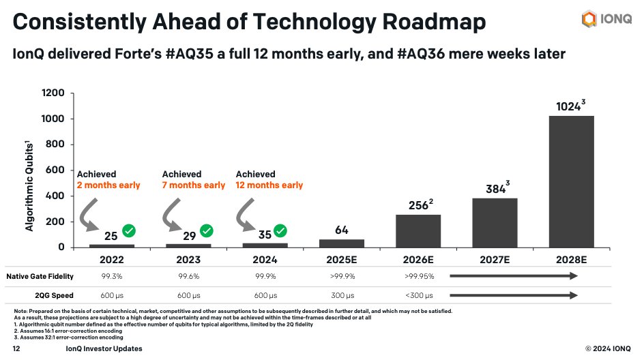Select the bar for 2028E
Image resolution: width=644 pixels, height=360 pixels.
[x=571, y=181]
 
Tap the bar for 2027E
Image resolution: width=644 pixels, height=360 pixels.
[x=495, y=222]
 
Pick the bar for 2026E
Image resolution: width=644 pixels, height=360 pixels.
[x=418, y=230]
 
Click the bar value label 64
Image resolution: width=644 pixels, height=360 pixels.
[x=342, y=230]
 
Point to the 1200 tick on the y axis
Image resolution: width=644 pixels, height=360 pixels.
[x=53, y=93]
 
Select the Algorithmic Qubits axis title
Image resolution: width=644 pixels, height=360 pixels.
[x=30, y=186]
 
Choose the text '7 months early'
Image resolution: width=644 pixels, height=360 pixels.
[x=194, y=185]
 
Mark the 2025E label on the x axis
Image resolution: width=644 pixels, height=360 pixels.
[x=342, y=259]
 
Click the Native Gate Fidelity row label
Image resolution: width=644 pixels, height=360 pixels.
[x=40, y=276]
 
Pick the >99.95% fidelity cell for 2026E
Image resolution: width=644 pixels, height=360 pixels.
[x=418, y=276]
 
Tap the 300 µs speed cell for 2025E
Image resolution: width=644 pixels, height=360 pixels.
[x=342, y=296]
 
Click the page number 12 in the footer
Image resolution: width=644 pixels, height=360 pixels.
[x=16, y=348]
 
